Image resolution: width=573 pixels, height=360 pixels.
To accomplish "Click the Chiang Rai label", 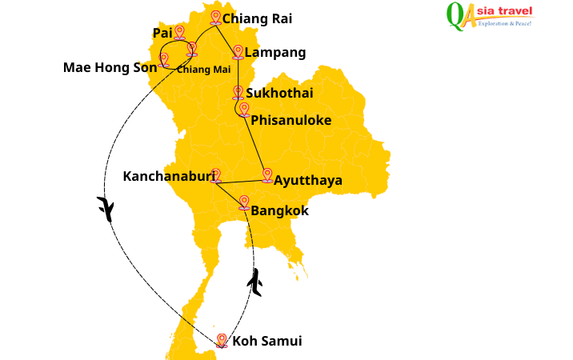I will point(257,18).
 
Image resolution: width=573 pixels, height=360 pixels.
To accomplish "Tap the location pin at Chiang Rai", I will point(215,17).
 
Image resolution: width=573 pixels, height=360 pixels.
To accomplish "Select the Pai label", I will point(162,33).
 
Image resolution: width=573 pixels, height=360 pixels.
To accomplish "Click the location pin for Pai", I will point(179,32).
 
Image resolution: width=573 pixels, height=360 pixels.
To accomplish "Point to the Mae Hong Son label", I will point(110,67).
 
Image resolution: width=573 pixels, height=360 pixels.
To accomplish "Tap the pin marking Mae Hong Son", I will point(164,60).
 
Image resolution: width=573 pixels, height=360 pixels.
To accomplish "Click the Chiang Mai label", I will point(203,69).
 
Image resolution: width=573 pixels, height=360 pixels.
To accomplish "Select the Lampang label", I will point(275,53).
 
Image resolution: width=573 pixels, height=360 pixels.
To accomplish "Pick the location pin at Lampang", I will point(238,52).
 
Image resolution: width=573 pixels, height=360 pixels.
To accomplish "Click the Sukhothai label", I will point(279,93).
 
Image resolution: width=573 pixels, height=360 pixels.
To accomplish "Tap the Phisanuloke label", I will point(291,121).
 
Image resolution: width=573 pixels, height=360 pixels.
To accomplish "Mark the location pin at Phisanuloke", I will point(244,110).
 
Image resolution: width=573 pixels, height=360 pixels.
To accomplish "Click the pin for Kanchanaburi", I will point(214,175).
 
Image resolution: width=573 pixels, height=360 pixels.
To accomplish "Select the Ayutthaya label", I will point(308,181).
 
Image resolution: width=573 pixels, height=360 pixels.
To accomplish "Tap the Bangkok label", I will point(279,211).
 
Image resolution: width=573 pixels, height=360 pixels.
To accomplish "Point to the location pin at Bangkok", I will point(244,202).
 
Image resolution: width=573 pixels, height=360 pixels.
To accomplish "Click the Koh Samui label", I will point(267,342).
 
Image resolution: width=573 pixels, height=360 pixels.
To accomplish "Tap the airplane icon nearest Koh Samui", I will point(255,282).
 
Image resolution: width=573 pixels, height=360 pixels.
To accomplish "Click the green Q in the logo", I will point(455,15).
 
